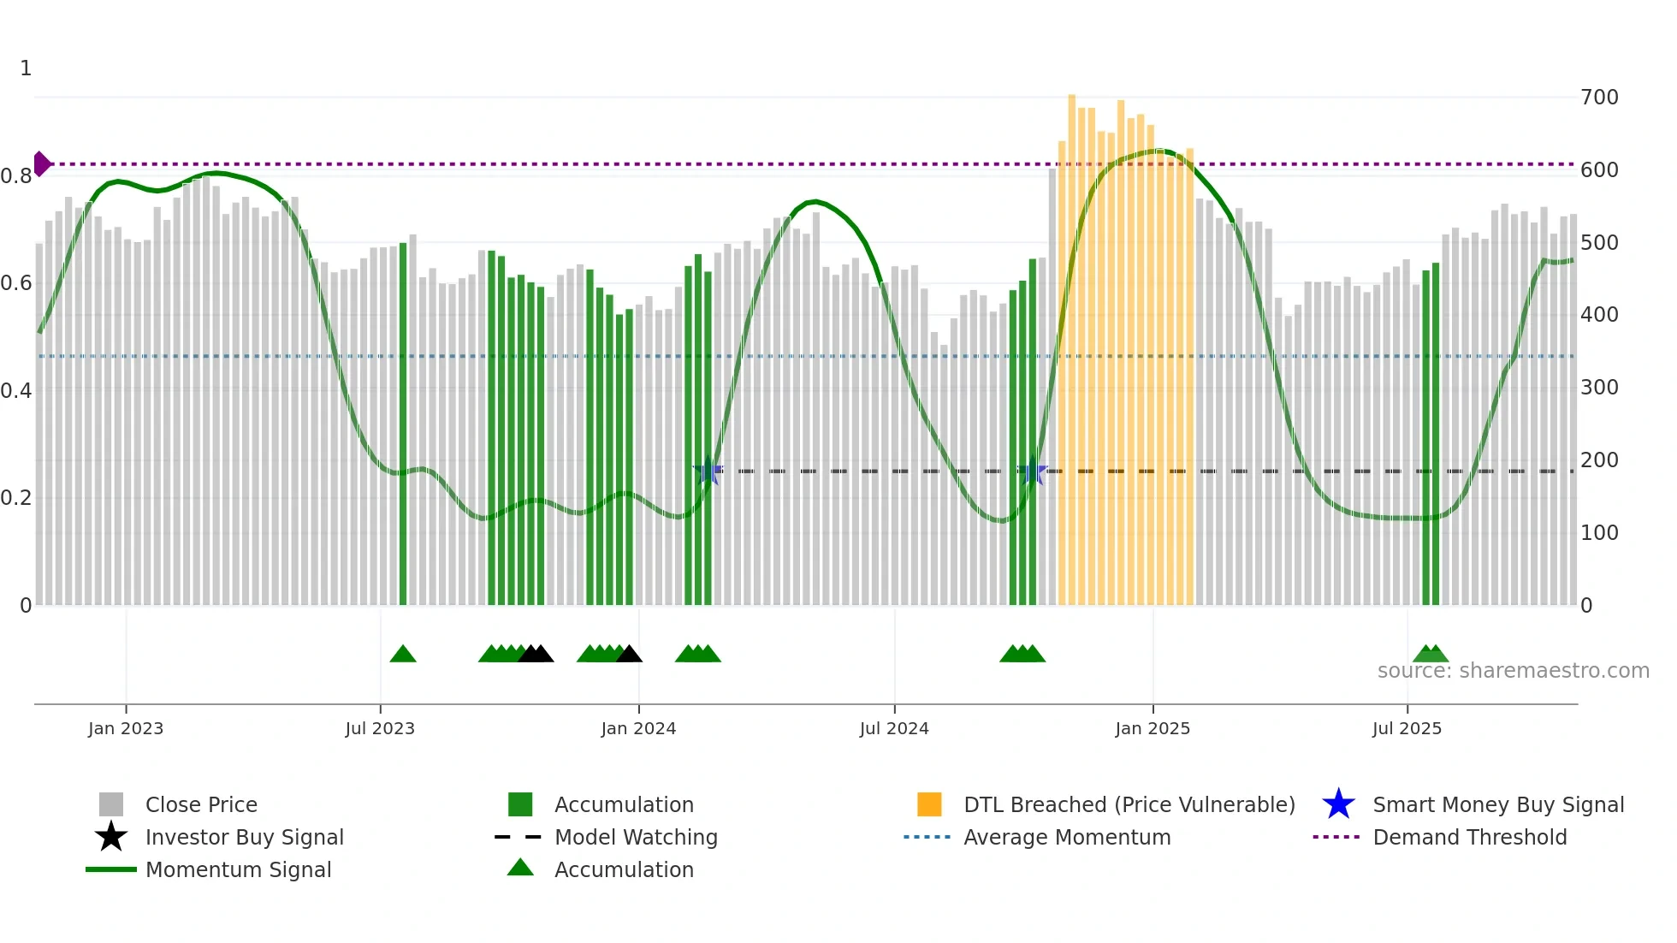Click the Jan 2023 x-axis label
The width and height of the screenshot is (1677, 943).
126,728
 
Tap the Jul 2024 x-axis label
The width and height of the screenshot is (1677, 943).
894,728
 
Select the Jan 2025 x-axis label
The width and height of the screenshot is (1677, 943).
1153,728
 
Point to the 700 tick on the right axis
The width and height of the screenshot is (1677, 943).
1599,98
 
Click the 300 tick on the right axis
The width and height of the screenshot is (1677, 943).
1599,388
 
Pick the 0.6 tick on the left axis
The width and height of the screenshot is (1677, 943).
16,283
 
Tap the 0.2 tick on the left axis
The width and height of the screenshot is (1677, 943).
16,498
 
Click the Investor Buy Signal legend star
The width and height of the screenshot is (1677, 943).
111,837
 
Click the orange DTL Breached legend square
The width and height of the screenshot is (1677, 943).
929,804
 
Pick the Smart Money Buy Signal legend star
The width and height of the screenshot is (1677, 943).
1339,804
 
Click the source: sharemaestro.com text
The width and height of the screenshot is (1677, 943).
1513,671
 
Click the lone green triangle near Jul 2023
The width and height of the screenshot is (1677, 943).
403,655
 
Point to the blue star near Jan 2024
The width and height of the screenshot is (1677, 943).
708,471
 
